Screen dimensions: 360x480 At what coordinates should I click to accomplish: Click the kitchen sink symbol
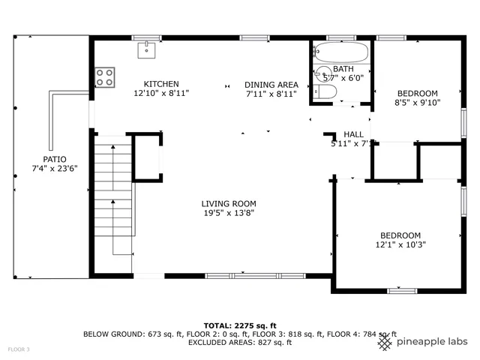[146, 49]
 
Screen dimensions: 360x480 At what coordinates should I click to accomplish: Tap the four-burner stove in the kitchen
[105, 76]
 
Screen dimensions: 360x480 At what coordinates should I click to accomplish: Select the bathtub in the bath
[341, 52]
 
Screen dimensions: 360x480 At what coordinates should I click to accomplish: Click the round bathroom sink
[323, 73]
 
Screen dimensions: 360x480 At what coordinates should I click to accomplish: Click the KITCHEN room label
[161, 84]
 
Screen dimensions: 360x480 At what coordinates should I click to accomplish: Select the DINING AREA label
[271, 85]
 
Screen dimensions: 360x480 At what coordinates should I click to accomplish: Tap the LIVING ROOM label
[229, 203]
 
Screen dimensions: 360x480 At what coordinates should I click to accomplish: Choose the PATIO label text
[54, 159]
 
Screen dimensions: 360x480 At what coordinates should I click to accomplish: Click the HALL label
[354, 134]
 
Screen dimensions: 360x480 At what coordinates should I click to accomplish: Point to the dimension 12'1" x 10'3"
[400, 244]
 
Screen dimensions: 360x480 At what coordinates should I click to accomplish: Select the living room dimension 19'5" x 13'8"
[229, 213]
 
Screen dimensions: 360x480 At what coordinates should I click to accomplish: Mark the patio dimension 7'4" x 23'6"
[54, 169]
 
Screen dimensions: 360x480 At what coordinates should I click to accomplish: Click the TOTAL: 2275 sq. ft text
[240, 325]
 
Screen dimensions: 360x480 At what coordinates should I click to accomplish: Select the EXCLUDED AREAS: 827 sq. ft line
[240, 342]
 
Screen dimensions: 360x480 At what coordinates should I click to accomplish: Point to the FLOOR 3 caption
[19, 349]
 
